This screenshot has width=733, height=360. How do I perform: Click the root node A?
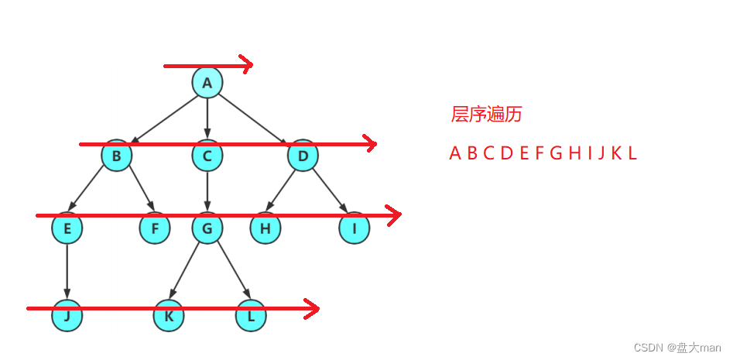point(207,83)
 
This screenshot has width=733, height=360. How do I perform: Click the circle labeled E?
point(67,228)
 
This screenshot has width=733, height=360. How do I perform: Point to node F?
point(154,228)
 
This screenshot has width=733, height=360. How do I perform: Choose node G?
point(207,228)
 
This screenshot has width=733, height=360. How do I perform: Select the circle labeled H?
point(265,228)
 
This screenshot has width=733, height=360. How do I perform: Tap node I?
point(355,228)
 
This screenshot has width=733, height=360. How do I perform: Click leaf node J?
point(67,316)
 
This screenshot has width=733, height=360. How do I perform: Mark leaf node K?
point(169,316)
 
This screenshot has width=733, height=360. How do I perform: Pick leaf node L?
point(251,316)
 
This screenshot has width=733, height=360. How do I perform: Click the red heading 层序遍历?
point(486,115)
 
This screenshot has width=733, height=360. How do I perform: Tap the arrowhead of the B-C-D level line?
point(371,143)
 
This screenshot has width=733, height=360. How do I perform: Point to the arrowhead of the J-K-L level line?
point(313,309)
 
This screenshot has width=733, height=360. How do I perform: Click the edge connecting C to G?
point(207,190)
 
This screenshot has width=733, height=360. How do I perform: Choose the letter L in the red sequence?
point(632,153)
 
